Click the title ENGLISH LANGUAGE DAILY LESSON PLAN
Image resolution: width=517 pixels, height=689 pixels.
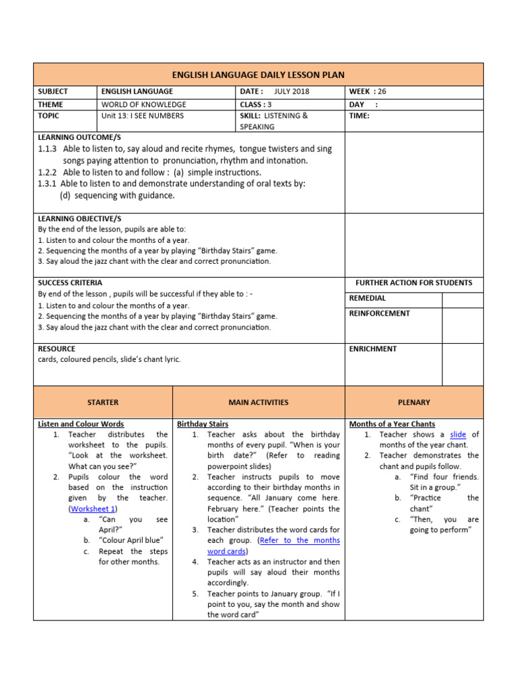(258, 74)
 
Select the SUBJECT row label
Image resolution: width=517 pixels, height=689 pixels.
(53, 92)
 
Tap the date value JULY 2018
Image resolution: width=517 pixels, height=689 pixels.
(292, 92)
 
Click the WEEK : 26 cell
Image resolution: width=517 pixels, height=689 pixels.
(368, 92)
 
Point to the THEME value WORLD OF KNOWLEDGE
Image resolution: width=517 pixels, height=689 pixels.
(143, 105)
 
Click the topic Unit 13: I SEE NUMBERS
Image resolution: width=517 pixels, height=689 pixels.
(142, 116)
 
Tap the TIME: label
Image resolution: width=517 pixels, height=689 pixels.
(359, 116)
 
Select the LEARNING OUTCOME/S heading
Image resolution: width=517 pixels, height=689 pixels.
(71, 137)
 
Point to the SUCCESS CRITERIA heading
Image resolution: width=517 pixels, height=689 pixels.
(70, 283)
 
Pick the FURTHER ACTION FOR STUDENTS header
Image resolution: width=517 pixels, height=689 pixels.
(413, 283)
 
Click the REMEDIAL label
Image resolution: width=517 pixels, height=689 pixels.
(368, 298)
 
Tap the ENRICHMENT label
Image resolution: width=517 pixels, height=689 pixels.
(373, 349)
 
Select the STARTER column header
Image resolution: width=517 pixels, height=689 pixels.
(103, 402)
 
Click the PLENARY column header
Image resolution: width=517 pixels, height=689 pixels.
(413, 402)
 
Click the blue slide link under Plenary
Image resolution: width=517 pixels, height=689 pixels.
(458, 435)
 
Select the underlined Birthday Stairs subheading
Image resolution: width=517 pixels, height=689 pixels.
(203, 424)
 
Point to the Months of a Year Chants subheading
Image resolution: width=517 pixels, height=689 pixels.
(392, 424)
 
